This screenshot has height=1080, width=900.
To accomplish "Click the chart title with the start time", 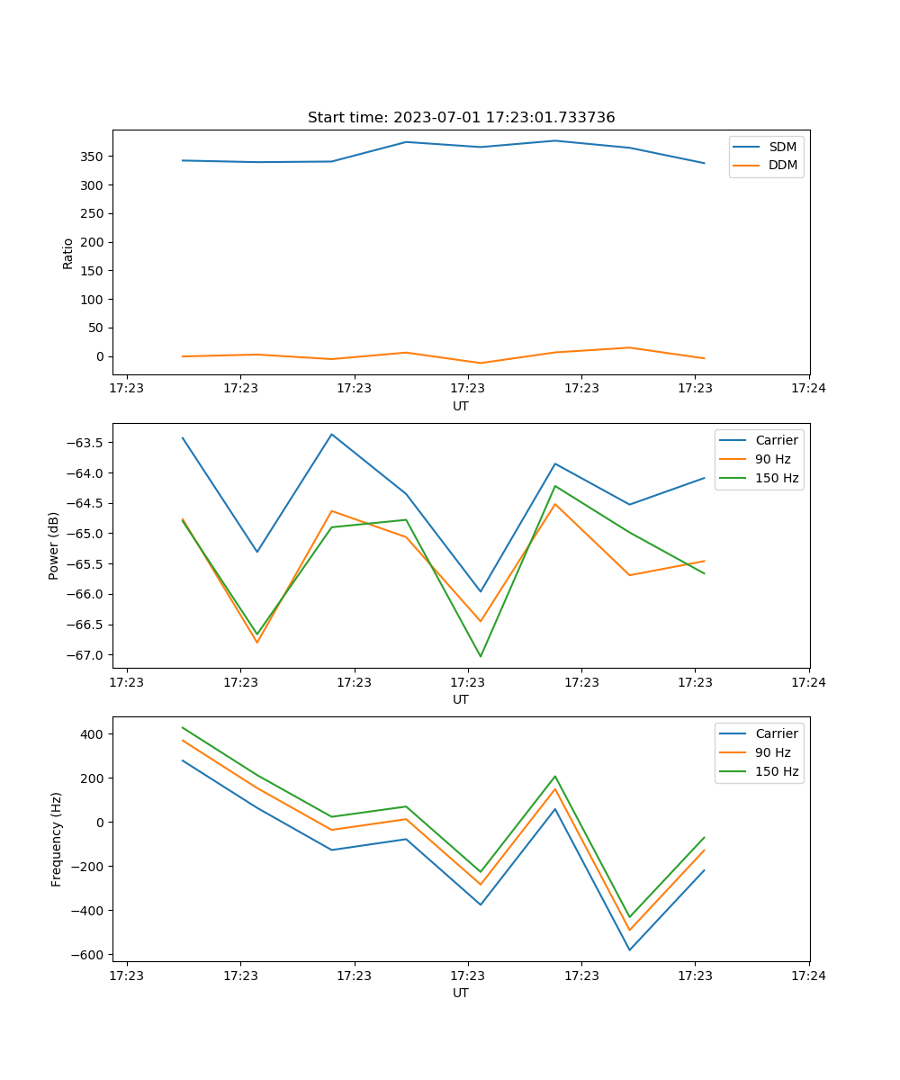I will (461, 118).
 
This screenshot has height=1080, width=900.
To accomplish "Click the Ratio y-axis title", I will (68, 253).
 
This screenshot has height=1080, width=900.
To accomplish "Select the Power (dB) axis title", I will (54, 545).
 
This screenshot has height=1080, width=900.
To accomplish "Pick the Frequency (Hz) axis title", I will (57, 839).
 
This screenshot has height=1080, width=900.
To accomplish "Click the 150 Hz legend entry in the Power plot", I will (777, 478).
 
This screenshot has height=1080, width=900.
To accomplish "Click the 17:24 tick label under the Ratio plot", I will (808, 389).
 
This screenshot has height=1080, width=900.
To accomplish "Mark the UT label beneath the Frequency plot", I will (461, 993).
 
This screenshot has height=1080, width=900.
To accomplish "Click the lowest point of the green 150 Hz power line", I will (480, 656).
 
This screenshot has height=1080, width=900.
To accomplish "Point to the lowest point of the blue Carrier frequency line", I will (629, 949).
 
